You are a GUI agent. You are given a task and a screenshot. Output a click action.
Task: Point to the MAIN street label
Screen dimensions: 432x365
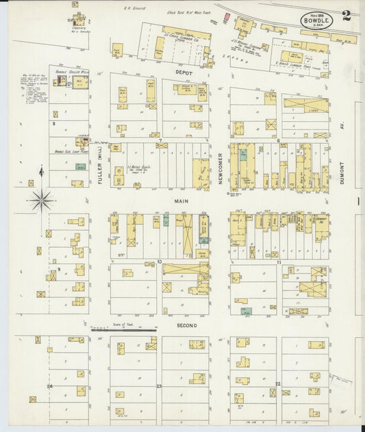pyautogui.click(x=181, y=201)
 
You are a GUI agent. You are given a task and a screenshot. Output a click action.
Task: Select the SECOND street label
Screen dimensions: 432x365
pyautogui.click(x=186, y=325)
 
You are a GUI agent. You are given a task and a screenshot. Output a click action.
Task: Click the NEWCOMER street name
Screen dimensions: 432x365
pyautogui.click(x=220, y=168)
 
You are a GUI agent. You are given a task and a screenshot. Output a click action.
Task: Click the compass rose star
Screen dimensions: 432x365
pyautogui.click(x=42, y=200)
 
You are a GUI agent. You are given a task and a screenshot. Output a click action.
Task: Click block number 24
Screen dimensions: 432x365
pyautogui.click(x=49, y=386)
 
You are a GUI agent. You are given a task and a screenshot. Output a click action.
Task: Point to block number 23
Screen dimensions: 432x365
pyautogui.click(x=159, y=387)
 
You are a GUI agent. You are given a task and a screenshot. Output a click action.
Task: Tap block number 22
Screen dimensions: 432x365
pyautogui.click(x=277, y=384)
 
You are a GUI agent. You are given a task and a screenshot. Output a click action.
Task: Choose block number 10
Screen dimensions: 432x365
pyautogui.click(x=159, y=262)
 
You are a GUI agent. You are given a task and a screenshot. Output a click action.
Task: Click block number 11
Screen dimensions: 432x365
pyautogui.click(x=279, y=262)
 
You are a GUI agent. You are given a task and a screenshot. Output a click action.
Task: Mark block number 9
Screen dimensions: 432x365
pyautogui.click(x=59, y=270)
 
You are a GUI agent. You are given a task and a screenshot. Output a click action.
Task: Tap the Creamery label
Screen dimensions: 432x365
pyautogui.click(x=78, y=28)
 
